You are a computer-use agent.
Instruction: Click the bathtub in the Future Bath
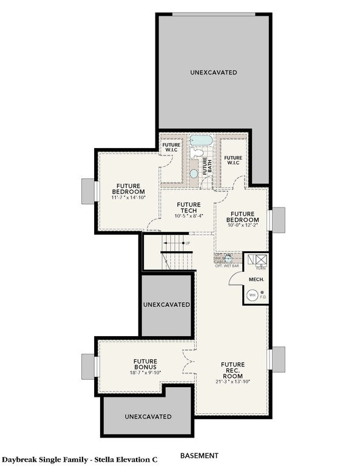coord(200,142)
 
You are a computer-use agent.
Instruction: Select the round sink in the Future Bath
coord(194,174)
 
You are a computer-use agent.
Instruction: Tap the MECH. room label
coord(256,280)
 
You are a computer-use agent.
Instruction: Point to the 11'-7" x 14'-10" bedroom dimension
coord(128,197)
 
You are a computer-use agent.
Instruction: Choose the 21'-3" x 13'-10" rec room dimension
coord(233,380)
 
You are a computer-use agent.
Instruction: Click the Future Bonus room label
coord(146,365)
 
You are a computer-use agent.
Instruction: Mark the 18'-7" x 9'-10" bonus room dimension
coord(146,373)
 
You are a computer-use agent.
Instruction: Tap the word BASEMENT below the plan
coord(199,455)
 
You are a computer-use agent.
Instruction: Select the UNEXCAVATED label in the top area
coord(213,73)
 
